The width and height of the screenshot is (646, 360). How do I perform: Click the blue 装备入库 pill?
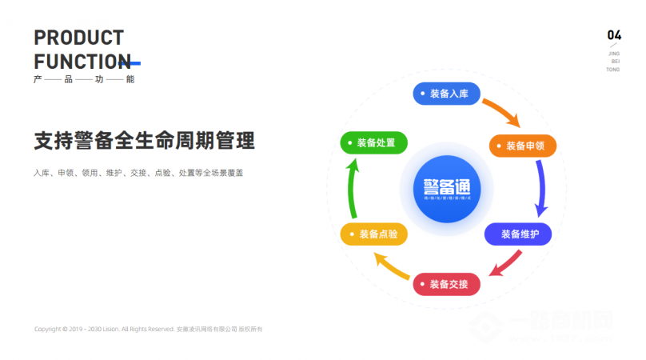coord(446,94)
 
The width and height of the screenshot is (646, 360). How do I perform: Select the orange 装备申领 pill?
coord(521,146)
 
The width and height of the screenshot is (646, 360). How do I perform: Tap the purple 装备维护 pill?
coord(517,234)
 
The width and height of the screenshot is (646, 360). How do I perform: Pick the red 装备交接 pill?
coord(446,283)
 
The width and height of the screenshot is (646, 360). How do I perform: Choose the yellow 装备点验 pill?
coord(373,234)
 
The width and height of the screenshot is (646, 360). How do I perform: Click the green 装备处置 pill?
coord(374,142)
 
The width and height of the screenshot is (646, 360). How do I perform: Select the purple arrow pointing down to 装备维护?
coord(542,189)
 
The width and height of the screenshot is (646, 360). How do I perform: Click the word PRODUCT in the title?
coord(79,38)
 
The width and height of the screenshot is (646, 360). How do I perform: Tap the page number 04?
coord(614,35)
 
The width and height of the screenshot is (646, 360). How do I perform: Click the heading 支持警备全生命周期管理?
coord(145,142)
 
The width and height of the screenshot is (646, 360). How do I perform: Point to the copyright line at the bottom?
coord(149,329)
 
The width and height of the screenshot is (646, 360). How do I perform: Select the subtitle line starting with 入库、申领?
coord(138,173)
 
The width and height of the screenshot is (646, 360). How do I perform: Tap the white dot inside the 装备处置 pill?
coord(350,142)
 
